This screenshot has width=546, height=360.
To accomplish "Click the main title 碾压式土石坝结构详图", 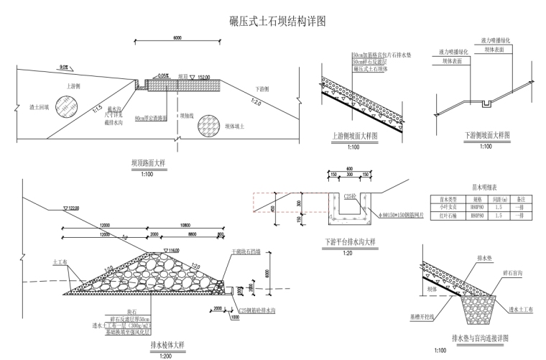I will coord(272,21).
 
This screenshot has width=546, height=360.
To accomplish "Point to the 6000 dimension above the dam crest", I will coord(177,37).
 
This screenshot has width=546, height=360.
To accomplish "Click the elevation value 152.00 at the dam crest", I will coord(203,76).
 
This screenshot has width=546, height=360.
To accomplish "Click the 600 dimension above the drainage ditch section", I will coord(348,170).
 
